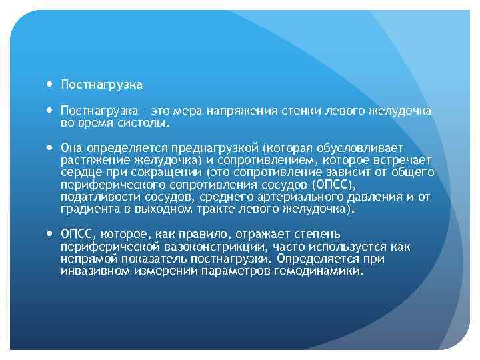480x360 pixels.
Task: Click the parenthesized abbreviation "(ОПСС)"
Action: (335, 184)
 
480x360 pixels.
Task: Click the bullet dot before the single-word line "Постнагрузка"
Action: (51, 85)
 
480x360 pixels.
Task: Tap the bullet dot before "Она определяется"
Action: (51, 147)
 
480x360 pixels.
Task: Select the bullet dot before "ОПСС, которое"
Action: (51, 234)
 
